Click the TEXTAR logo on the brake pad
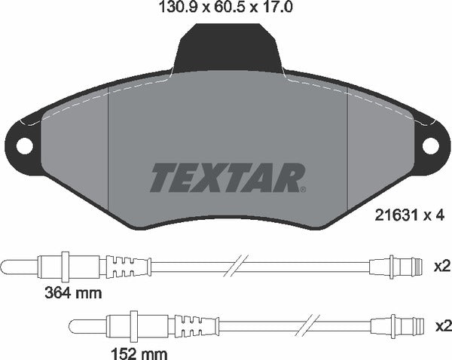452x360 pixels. [225, 177]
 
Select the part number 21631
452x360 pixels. [392, 215]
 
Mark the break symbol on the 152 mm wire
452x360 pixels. [307, 325]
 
